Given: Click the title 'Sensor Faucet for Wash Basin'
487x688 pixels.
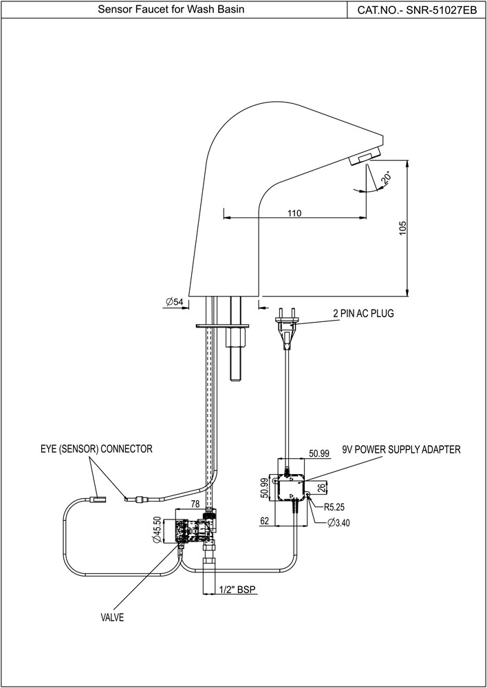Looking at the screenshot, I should tap(171, 10).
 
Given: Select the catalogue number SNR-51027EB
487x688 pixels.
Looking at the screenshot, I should tap(417, 10).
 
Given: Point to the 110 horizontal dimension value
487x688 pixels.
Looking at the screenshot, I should tap(294, 213).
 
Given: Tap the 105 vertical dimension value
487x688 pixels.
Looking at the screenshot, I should tap(402, 228).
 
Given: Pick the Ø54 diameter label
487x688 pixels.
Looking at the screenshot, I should tap(174, 302).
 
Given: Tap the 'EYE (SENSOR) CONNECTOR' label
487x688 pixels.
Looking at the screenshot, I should tap(96, 449).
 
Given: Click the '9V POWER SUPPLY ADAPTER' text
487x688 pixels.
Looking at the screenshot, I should tap(401, 449).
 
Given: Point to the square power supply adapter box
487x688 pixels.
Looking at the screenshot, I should tap(292, 490).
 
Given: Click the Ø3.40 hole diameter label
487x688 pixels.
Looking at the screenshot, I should tap(339, 523).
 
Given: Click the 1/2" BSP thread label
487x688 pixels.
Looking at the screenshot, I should tap(235, 590).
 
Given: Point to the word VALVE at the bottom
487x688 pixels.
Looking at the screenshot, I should tap(112, 618).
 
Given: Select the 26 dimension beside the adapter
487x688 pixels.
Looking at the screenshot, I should tap(322, 488).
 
